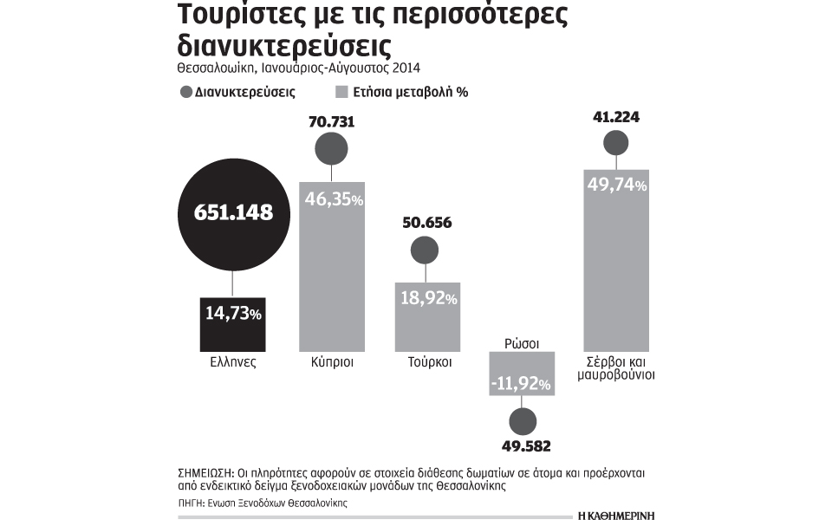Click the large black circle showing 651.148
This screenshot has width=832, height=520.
coord(231,212)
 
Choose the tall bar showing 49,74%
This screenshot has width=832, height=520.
coord(615,260)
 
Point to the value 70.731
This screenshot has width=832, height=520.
coord(331,122)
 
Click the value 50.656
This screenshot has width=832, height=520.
coord(427,223)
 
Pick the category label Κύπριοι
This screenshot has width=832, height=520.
coord(332,361)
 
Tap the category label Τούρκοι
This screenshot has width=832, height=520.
coord(427,361)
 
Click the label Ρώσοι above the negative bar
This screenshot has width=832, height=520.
coord(521,343)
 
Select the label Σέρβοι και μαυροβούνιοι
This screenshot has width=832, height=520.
coord(615,368)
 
